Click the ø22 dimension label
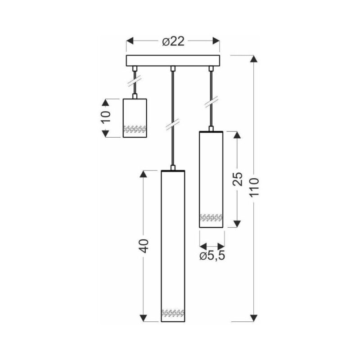click(173, 41)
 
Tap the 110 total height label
click(254, 187)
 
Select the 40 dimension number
click(144, 246)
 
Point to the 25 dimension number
click(237, 179)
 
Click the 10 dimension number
click(106, 117)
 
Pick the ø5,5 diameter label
click(212, 256)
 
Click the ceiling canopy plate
click(173, 61)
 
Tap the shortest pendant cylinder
click(135, 118)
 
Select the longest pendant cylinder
click(173, 246)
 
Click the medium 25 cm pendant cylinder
click(211, 179)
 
